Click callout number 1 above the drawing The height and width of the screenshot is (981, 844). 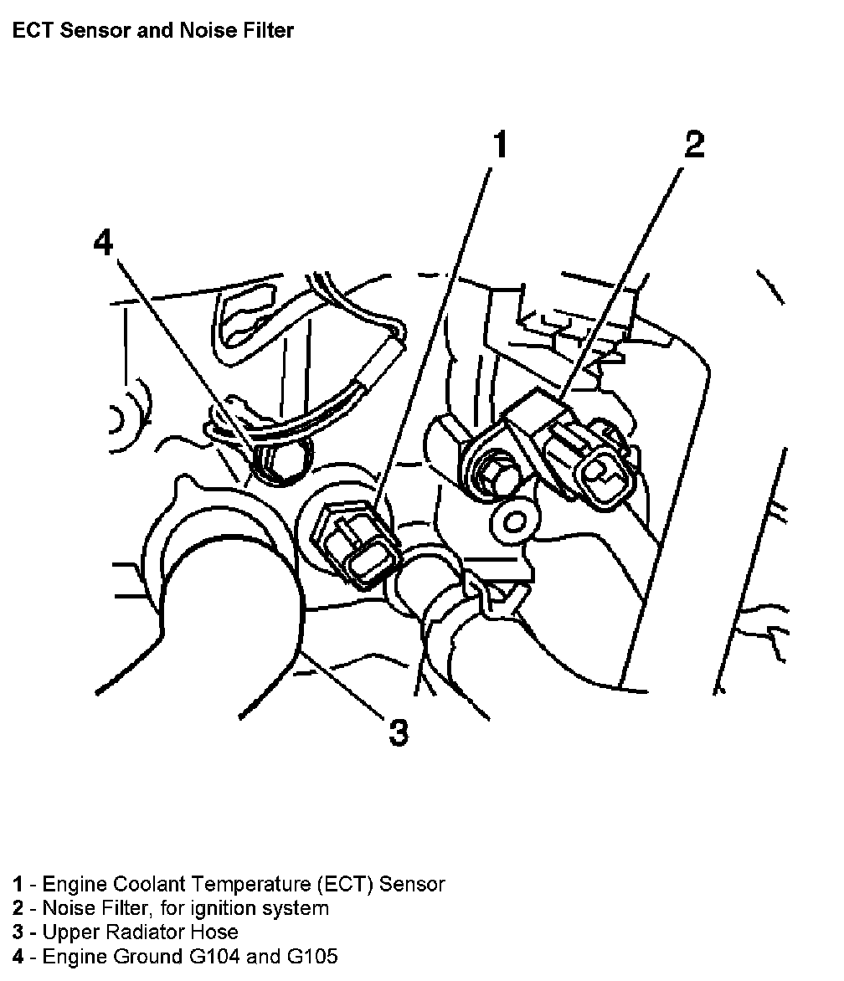[x=498, y=145]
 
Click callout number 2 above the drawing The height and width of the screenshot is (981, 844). [x=694, y=145]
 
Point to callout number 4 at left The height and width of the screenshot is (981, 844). [x=102, y=243]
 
